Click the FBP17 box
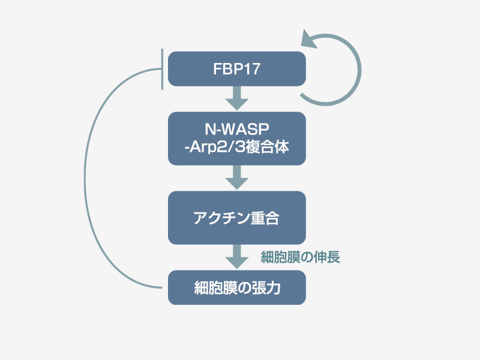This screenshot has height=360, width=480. (x=237, y=68)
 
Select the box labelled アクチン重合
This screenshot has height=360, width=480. (x=237, y=218)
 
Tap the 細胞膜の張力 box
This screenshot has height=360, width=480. (x=237, y=287)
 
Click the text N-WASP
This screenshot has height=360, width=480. (x=237, y=130)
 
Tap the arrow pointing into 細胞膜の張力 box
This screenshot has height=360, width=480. (x=237, y=256)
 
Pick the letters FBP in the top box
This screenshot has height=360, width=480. (x=227, y=69)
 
